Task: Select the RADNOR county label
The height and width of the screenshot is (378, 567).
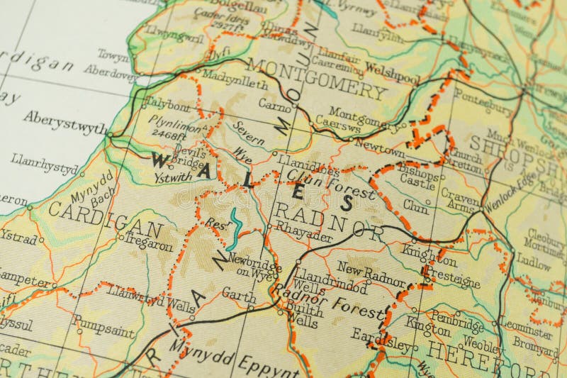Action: point(329,218)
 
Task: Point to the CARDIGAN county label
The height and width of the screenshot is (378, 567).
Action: point(105,219)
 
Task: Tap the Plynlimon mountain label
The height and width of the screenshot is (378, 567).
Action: point(175,122)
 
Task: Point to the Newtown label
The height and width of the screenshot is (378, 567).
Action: point(379,148)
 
